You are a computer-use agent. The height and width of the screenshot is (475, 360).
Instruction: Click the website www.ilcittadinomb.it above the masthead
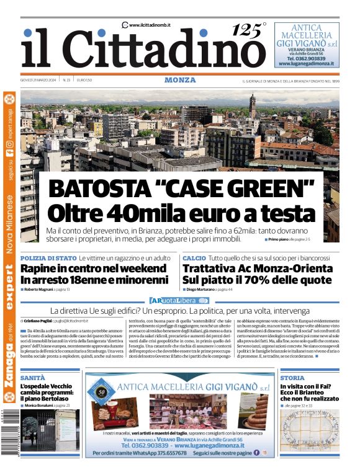[x=149, y=25]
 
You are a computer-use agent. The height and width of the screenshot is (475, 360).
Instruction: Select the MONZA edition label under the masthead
[x=180, y=80]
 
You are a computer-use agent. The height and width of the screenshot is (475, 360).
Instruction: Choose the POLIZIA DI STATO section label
[x=48, y=257]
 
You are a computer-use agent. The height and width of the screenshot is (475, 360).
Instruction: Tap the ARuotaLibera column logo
[x=180, y=300]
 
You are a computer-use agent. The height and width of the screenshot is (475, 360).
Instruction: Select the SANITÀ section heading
[x=32, y=378]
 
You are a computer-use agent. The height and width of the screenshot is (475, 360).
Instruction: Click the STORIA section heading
[x=292, y=378]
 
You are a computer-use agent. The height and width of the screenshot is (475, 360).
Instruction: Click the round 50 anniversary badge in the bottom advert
[x=101, y=393]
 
